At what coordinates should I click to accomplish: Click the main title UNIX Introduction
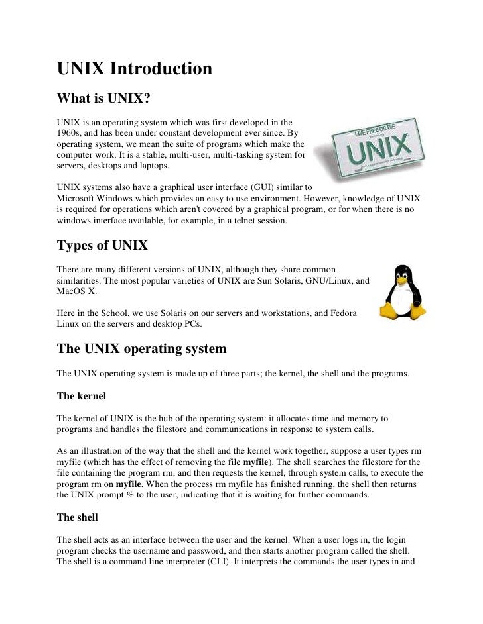134,69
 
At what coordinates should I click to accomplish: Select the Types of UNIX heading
102,246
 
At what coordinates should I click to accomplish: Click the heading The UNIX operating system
141,349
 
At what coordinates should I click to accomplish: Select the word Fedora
342,312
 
